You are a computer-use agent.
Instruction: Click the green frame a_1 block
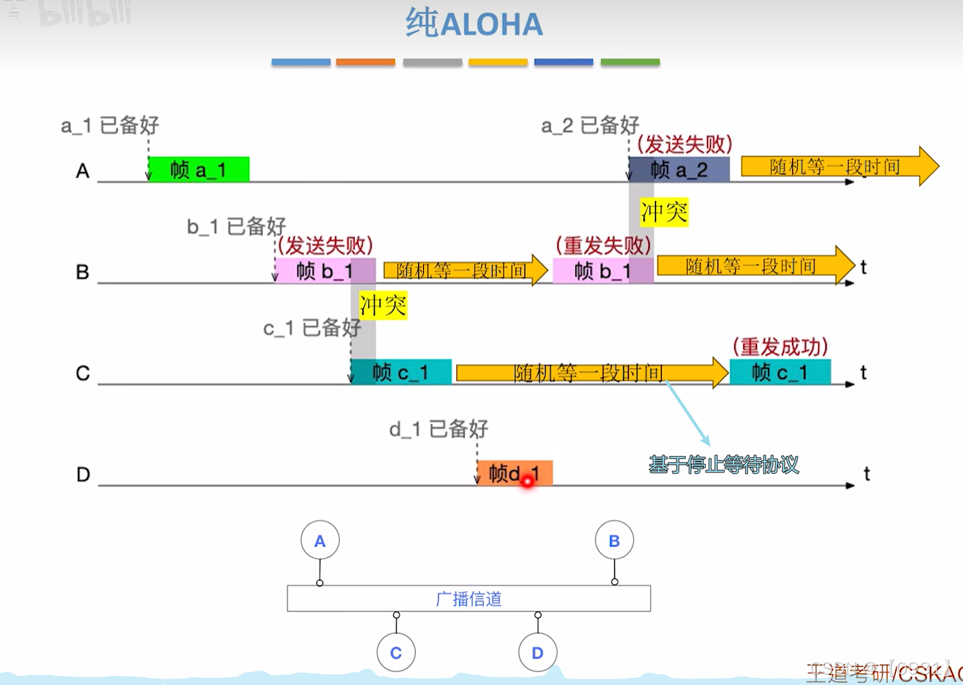click(198, 170)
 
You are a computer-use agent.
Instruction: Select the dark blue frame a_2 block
click(679, 170)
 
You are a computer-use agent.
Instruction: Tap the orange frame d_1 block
click(514, 473)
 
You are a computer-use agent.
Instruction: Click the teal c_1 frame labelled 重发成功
click(780, 372)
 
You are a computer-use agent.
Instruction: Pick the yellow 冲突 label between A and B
click(664, 213)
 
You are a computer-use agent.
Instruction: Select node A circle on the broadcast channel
click(320, 540)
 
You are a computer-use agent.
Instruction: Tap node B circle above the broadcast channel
click(614, 540)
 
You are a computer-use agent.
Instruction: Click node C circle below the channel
click(396, 652)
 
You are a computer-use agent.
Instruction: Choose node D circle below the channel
click(537, 652)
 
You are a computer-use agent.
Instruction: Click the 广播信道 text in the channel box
click(469, 599)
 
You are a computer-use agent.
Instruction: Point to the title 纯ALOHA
click(474, 24)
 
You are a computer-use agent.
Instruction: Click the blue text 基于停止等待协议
click(724, 465)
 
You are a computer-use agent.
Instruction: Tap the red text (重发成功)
click(780, 347)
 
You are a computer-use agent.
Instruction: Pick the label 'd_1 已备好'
click(439, 429)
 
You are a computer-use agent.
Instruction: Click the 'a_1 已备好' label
click(110, 125)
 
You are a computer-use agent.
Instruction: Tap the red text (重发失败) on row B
click(603, 245)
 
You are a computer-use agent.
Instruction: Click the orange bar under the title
click(366, 62)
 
